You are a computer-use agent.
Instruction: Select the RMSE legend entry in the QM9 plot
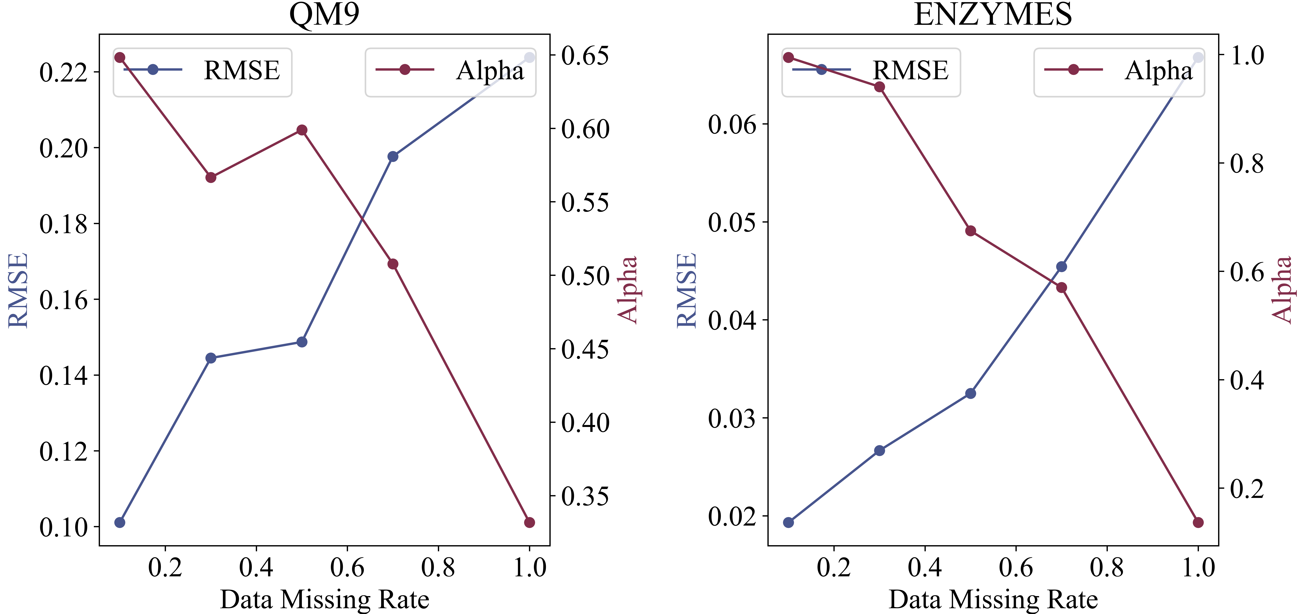(202, 71)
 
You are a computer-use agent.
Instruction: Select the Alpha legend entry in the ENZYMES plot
(1119, 71)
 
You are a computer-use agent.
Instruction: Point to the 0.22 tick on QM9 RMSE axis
(63, 72)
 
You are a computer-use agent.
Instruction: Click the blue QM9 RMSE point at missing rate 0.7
(393, 156)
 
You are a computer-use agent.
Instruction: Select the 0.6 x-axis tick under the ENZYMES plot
(1016, 567)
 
